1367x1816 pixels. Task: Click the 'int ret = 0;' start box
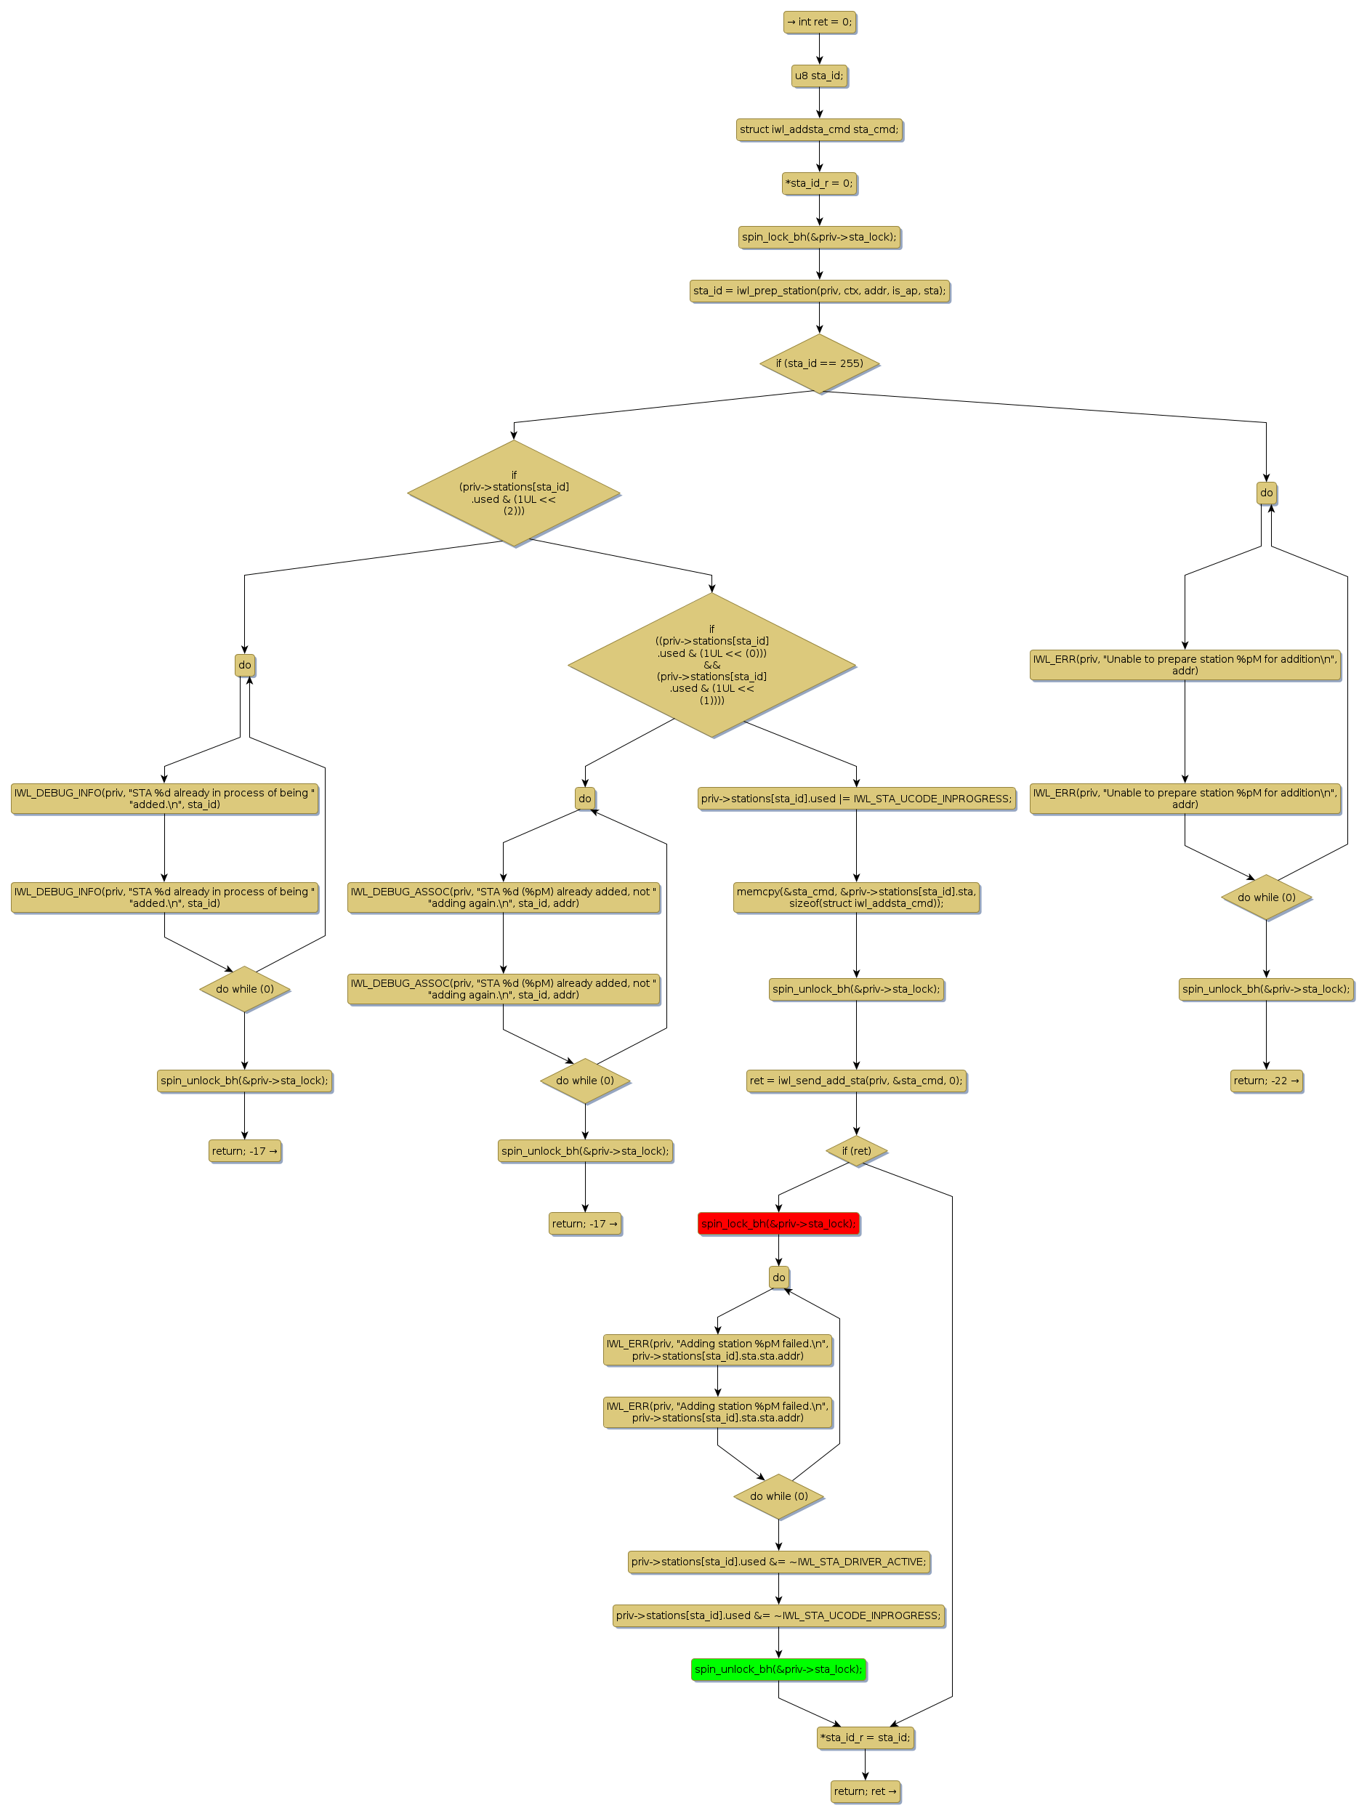pyautogui.click(x=818, y=23)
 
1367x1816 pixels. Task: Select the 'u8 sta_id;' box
pyautogui.click(x=818, y=76)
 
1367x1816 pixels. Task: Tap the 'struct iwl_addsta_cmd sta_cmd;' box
pyautogui.click(x=818, y=129)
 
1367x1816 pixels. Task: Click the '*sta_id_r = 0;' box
pyautogui.click(x=818, y=183)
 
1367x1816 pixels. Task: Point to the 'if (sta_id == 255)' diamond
pyautogui.click(x=818, y=363)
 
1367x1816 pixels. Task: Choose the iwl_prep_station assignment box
pyautogui.click(x=818, y=291)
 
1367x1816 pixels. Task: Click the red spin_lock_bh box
pyautogui.click(x=778, y=1223)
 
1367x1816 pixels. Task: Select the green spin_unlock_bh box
pyautogui.click(x=778, y=1669)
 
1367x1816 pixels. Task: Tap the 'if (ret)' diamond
pyautogui.click(x=855, y=1151)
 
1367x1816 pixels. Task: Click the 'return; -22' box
pyautogui.click(x=1265, y=1081)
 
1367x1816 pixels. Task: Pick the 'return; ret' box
pyautogui.click(x=865, y=1791)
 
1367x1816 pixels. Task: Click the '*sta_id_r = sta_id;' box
pyautogui.click(x=865, y=1738)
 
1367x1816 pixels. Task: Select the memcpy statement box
pyautogui.click(x=855, y=897)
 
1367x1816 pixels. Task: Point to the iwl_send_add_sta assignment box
pyautogui.click(x=855, y=1081)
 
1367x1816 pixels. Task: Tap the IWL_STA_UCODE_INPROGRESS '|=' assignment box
pyautogui.click(x=855, y=798)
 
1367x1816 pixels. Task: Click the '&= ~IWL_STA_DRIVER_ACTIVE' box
pyautogui.click(x=778, y=1562)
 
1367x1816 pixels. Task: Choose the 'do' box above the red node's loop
pyautogui.click(x=778, y=1278)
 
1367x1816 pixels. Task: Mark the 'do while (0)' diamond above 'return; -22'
pyautogui.click(x=1265, y=897)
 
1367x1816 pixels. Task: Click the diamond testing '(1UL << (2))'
pyautogui.click(x=514, y=493)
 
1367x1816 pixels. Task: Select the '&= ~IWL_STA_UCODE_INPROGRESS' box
pyautogui.click(x=778, y=1615)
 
